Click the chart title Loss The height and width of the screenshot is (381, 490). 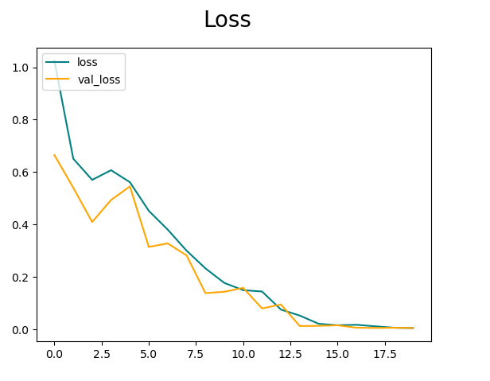pyautogui.click(x=227, y=20)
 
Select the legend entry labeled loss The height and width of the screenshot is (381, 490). pyautogui.click(x=87, y=63)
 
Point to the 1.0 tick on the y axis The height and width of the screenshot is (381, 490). pyautogui.click(x=22, y=68)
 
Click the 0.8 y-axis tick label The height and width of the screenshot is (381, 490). pyautogui.click(x=22, y=120)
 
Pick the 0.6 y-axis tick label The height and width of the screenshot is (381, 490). pyautogui.click(x=22, y=173)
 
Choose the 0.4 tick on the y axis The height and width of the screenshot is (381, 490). pyautogui.click(x=22, y=225)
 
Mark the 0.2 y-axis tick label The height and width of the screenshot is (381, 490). pyautogui.click(x=22, y=278)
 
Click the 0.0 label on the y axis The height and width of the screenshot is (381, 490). pyautogui.click(x=22, y=330)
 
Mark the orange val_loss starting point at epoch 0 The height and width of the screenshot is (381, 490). pyautogui.click(x=54, y=155)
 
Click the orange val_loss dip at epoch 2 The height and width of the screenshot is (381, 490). pyautogui.click(x=92, y=222)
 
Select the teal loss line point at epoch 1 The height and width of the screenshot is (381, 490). pyautogui.click(x=73, y=159)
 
